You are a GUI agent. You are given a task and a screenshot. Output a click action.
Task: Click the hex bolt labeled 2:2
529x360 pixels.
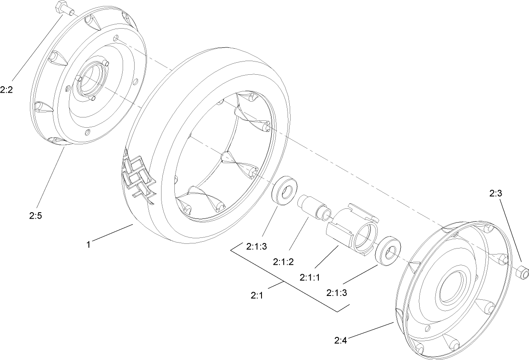tap(63, 9)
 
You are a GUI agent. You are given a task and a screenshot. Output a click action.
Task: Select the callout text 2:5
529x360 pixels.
tap(35, 216)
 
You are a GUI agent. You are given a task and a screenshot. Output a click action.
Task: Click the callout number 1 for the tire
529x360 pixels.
tap(88, 245)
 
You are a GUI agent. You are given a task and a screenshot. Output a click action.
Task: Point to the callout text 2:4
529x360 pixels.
tap(341, 340)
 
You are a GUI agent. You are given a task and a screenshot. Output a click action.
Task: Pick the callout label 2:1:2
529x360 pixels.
tap(283, 261)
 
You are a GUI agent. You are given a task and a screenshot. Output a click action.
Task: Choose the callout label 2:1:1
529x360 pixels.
tap(310, 277)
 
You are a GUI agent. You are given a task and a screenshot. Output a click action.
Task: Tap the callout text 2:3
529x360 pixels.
tap(496, 193)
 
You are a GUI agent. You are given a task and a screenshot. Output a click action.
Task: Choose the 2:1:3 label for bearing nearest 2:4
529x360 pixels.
tap(337, 293)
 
